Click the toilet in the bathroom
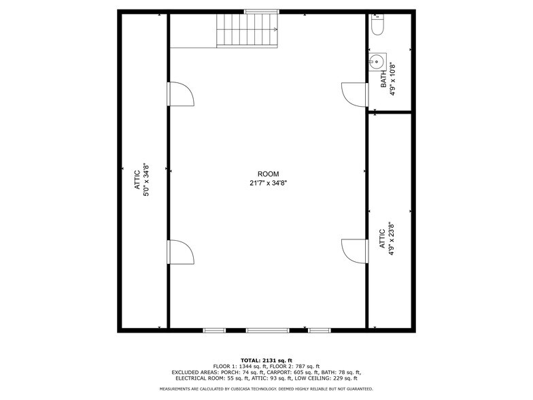[377, 24]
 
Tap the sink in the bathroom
[377, 63]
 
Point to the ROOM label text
[268, 174]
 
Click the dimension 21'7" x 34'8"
[268, 183]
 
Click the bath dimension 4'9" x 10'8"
[392, 80]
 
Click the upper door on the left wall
[181, 95]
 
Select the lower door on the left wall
[181, 252]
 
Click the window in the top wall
[261, 12]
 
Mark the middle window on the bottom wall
[266, 331]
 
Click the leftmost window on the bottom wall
[215, 331]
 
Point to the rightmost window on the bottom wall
[319, 331]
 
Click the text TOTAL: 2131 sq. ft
[266, 360]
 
